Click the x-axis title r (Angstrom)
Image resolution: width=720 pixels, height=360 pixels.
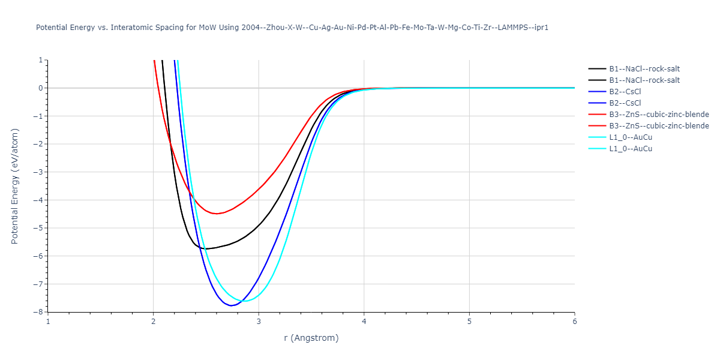click(311, 338)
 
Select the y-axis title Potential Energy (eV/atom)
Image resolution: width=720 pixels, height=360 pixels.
click(15, 186)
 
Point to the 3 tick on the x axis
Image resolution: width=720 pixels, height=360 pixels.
click(259, 321)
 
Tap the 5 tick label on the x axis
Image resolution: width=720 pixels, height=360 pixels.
click(469, 321)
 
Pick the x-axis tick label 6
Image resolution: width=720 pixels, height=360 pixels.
click(574, 321)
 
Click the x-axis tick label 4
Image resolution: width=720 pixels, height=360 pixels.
click(364, 321)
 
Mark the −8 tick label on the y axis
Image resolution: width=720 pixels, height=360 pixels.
click(40, 312)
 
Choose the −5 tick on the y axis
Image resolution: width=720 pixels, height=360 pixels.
click(40, 228)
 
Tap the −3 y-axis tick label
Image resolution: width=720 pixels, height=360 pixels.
click(40, 172)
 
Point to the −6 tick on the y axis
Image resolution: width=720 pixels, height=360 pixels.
click(40, 256)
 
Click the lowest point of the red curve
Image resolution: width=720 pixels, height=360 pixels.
click(217, 214)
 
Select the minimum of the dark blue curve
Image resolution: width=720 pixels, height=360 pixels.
click(232, 305)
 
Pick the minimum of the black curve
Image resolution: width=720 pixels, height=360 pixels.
click(206, 248)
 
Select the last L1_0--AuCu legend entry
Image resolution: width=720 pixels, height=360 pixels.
click(631, 149)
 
